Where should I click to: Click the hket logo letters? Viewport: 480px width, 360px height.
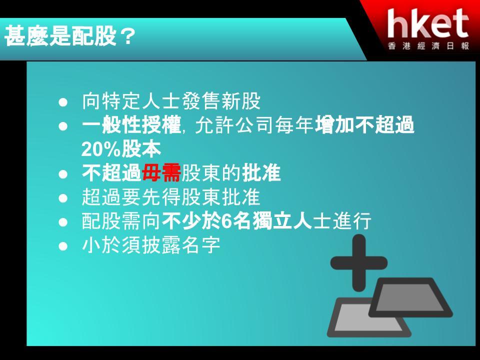[428, 23]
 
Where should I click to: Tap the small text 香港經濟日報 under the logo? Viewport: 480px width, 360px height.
[428, 46]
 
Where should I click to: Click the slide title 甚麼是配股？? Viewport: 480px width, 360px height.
[70, 36]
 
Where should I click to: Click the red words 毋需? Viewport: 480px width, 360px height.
[161, 173]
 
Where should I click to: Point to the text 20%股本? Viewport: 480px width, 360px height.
[121, 149]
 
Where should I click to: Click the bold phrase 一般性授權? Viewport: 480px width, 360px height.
[131, 125]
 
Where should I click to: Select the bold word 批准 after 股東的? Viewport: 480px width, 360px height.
[261, 173]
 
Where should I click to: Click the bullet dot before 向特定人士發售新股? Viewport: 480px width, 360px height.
[63, 102]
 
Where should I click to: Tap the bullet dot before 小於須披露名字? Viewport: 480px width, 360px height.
[63, 246]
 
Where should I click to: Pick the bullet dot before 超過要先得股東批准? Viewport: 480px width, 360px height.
[63, 198]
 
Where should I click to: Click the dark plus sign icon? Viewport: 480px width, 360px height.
[359, 263]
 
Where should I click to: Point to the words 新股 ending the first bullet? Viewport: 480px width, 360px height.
[241, 101]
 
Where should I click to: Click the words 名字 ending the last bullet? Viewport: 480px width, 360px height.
[201, 245]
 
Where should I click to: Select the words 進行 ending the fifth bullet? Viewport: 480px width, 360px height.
[352, 221]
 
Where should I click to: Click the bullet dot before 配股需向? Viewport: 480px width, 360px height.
[63, 222]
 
